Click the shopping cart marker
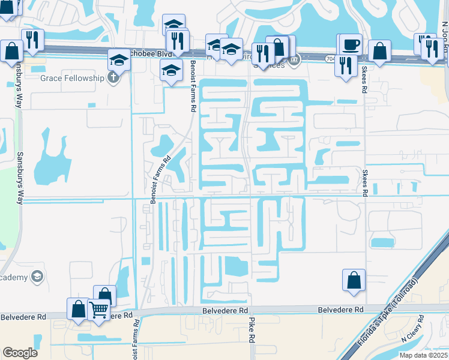tap(98, 310)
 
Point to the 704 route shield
tap(331, 59)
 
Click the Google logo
tap(20, 353)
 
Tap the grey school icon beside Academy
tap(37, 277)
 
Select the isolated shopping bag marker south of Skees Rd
tap(354, 280)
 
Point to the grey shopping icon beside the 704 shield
tap(295, 60)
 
